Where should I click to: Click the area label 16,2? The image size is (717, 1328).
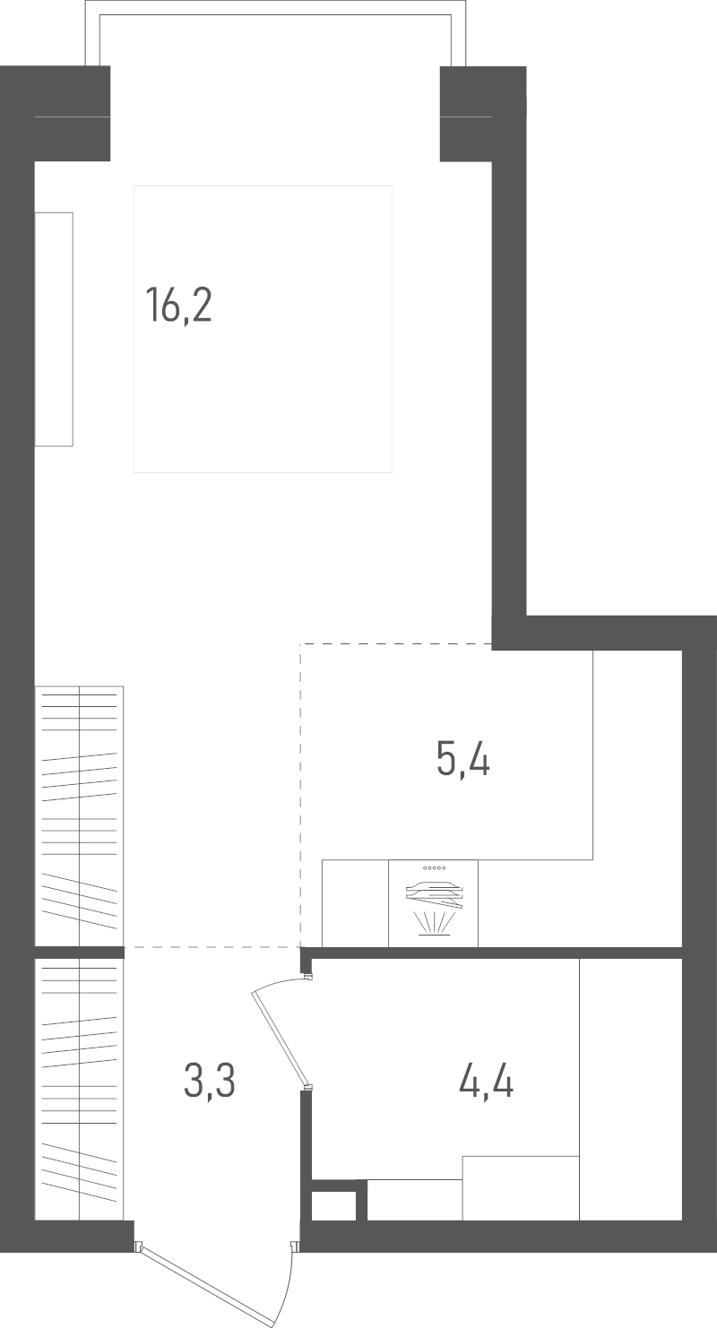coord(178,306)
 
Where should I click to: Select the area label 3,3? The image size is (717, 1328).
coord(210,1080)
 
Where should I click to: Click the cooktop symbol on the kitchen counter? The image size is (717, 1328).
coord(434,903)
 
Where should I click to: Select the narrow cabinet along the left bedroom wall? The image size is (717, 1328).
coord(54,329)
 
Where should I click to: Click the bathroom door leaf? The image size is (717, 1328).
coord(280,1039)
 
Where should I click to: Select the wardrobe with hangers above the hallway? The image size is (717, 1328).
coord(80,816)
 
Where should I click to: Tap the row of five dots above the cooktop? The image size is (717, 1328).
coord(434,868)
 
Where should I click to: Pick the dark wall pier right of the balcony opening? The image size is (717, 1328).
coord(483,114)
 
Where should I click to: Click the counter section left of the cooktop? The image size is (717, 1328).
coord(355,903)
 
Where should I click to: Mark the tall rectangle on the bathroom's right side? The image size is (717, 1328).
coord(630,1090)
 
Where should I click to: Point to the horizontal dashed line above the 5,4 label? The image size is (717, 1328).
coord(396,644)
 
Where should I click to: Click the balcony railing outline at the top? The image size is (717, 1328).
coord(275,8)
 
